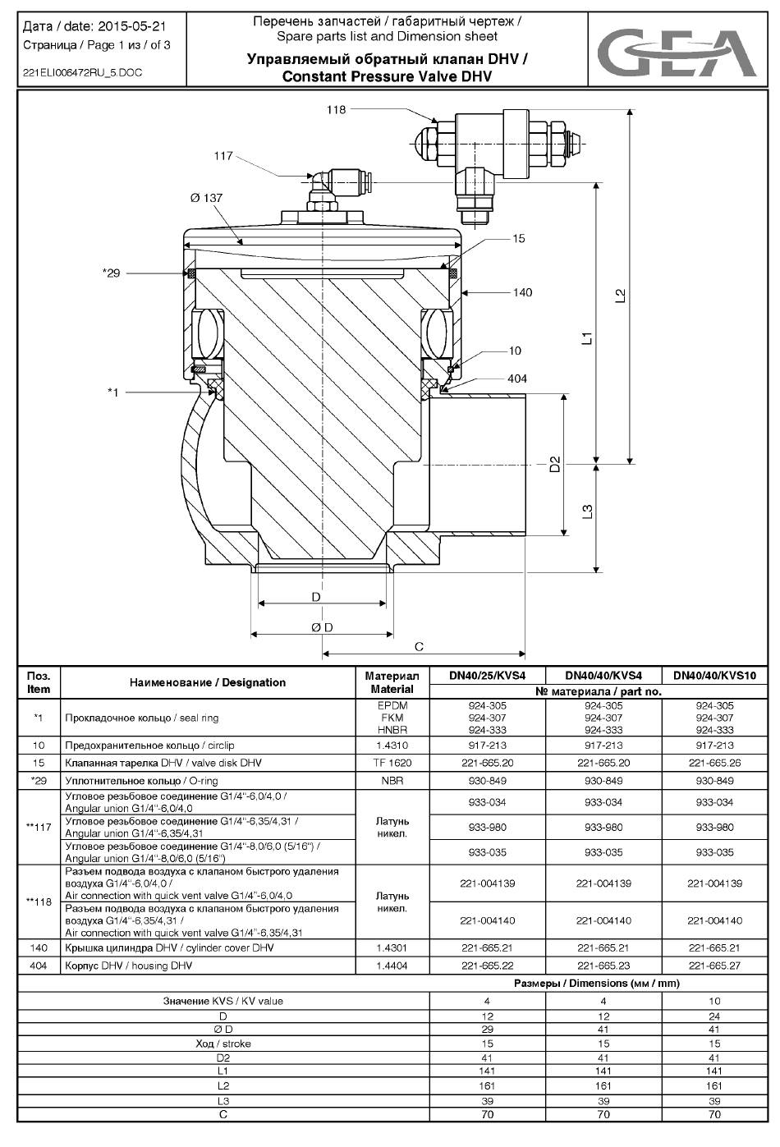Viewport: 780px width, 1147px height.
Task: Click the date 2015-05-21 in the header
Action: [131, 26]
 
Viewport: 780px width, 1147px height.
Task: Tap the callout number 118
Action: [336, 109]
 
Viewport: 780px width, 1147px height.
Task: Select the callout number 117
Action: [223, 156]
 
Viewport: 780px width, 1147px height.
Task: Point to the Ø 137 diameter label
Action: [206, 198]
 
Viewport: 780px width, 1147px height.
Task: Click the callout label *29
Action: [111, 273]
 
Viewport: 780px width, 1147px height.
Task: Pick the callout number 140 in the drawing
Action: [522, 292]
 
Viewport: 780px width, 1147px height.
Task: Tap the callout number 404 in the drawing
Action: [516, 379]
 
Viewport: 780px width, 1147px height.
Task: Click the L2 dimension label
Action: [620, 296]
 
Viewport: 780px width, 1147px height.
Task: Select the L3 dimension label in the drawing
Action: [588, 512]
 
